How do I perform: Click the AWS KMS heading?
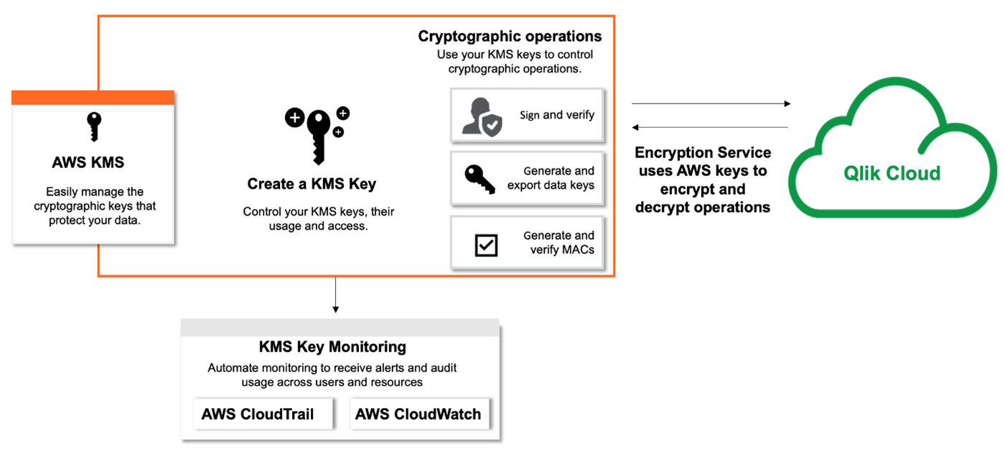tap(88, 162)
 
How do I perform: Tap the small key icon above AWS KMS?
tap(94, 127)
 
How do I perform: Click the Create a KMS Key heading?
tap(312, 184)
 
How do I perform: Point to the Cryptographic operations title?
tap(510, 36)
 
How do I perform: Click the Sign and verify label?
tap(557, 115)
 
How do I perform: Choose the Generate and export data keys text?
tap(551, 178)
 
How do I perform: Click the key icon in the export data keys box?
tap(480, 177)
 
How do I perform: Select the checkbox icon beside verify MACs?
tap(486, 245)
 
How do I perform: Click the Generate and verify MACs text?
tap(558, 242)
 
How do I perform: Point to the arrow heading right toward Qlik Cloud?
tap(711, 104)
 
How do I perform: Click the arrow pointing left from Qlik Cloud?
tap(711, 128)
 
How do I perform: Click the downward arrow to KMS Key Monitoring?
tap(335, 295)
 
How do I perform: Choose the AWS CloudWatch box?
tap(418, 414)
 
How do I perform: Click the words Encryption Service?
tap(703, 153)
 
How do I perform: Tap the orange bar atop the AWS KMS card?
tap(93, 98)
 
